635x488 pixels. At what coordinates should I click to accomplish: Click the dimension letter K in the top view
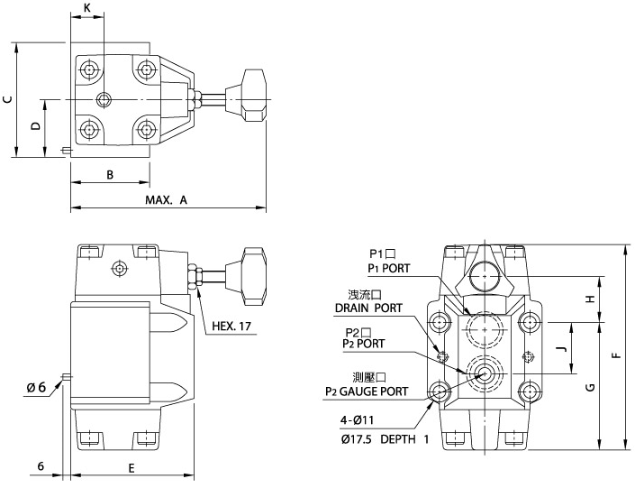point(86,7)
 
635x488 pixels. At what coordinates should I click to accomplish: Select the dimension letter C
point(7,99)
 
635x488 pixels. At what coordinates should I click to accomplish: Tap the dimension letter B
point(109,174)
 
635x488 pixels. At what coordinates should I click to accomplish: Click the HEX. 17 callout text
point(231,325)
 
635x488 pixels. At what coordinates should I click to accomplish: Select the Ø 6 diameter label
point(36,387)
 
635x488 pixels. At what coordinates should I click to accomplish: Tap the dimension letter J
point(559,348)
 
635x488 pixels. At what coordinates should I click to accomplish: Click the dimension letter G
point(589,387)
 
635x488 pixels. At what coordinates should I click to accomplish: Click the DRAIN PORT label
point(368,308)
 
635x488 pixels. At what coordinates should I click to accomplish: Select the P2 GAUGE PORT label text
point(367,391)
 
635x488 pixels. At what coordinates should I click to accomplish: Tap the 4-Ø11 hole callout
point(358,420)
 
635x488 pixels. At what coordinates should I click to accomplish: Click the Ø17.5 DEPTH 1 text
point(386,438)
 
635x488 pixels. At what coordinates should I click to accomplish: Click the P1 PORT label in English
point(388,268)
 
